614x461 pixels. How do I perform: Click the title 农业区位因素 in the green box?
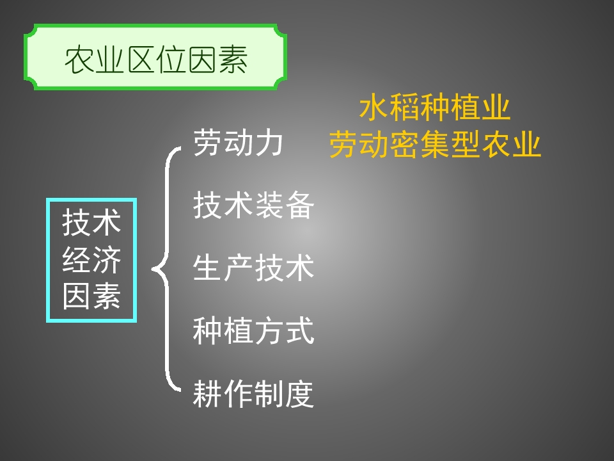(x=155, y=60)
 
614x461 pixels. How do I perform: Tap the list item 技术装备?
(x=253, y=206)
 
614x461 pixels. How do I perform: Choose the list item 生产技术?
(x=253, y=268)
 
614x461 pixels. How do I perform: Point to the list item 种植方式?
(x=253, y=331)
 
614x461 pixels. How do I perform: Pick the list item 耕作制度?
(x=253, y=394)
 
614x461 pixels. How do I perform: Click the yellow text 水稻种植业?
(x=435, y=108)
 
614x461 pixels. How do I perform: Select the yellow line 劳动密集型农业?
(x=435, y=145)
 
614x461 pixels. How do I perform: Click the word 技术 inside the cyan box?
(x=91, y=223)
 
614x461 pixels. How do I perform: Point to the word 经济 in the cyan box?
(x=91, y=261)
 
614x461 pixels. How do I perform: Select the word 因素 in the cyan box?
(x=91, y=296)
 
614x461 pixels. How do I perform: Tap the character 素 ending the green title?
(x=233, y=60)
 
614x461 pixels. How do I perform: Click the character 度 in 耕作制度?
(x=299, y=394)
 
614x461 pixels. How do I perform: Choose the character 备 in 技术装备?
(x=299, y=206)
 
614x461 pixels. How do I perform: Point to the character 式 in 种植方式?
(x=299, y=331)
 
